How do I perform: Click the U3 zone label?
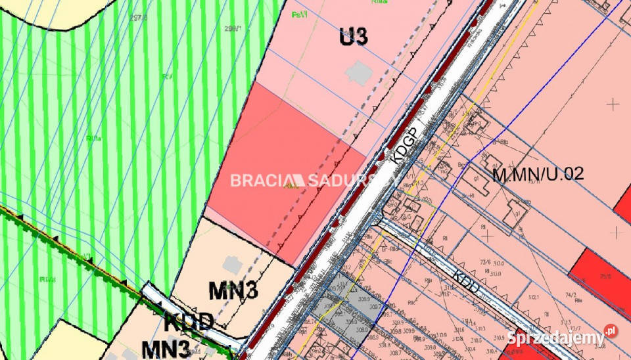coord(353,37)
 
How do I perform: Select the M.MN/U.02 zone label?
coord(538,174)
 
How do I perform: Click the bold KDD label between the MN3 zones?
coord(188,322)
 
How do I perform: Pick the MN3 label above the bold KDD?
coord(234,290)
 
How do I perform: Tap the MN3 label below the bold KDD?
coord(167,348)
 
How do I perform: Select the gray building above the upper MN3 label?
coord(231,264)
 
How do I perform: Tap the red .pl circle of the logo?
coord(611,330)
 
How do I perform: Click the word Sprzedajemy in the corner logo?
coord(555,338)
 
